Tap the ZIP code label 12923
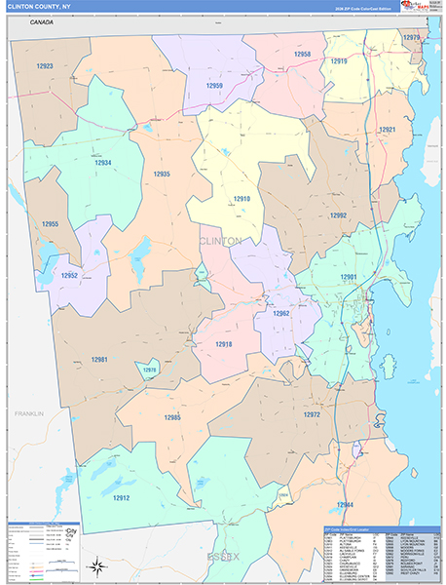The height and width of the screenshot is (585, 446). pyautogui.click(x=45, y=66)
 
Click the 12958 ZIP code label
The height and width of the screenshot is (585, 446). pyautogui.click(x=303, y=55)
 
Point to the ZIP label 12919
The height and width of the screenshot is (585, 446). pyautogui.click(x=339, y=61)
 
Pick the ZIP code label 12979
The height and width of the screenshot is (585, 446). pyautogui.click(x=412, y=38)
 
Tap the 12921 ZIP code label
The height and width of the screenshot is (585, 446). pyautogui.click(x=388, y=130)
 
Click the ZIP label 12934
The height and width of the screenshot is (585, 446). pyautogui.click(x=102, y=163)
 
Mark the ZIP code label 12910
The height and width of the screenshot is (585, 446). pyautogui.click(x=242, y=199)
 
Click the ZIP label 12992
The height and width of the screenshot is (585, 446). pyautogui.click(x=338, y=215)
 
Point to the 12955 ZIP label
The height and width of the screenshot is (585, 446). pyautogui.click(x=50, y=224)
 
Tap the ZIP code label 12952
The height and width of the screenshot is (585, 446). pyautogui.click(x=69, y=276)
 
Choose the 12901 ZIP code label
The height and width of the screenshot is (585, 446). pyautogui.click(x=349, y=277)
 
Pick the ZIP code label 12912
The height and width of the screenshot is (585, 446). pyautogui.click(x=121, y=498)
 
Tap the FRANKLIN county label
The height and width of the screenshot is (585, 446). pyautogui.click(x=29, y=413)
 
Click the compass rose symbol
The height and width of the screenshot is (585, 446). pyautogui.click(x=96, y=565)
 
